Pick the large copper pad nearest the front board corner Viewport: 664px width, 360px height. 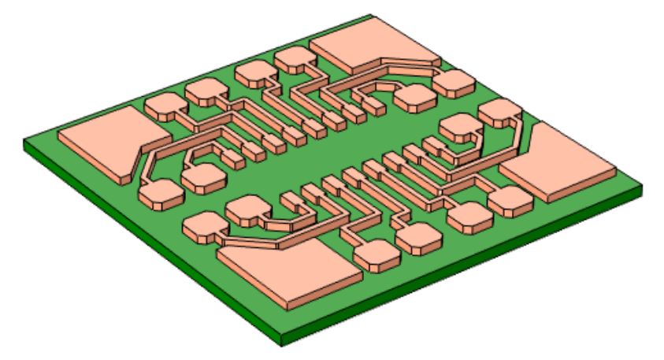pyautogui.click(x=291, y=272)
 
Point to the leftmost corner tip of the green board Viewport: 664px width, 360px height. pyautogui.click(x=24, y=142)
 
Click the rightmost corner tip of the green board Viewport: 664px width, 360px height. pyautogui.click(x=641, y=189)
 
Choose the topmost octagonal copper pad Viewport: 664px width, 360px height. pyautogui.click(x=294, y=59)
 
